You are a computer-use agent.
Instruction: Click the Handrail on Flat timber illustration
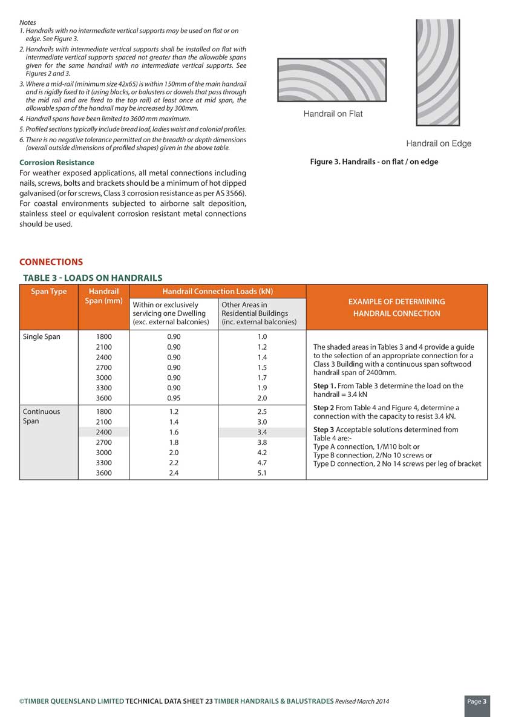pos(332,80)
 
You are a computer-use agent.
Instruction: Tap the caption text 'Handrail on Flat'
pos(333,114)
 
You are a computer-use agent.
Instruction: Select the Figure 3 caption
pos(374,162)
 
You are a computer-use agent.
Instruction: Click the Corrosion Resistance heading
pos(57,162)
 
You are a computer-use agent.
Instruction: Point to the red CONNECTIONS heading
pos(51,262)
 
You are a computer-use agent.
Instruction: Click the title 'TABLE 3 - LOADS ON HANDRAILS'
pos(93,278)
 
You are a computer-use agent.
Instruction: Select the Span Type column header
pos(49,292)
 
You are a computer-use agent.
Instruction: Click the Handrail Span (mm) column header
pos(103,296)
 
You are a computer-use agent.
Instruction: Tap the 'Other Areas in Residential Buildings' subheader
pos(259,313)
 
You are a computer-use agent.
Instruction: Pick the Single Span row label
pos(41,336)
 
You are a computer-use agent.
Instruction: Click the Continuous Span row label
pos(41,416)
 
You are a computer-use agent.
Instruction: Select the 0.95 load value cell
pos(174,398)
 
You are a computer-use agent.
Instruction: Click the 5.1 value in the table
pos(262,473)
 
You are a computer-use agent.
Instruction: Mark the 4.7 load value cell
pos(262,463)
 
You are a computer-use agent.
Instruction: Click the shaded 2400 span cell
pos(103,432)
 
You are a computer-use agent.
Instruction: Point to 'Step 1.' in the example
pos(325,386)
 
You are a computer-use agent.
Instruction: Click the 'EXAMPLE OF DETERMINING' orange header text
pos(396,301)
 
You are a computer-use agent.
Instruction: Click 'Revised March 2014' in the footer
pos(362,701)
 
